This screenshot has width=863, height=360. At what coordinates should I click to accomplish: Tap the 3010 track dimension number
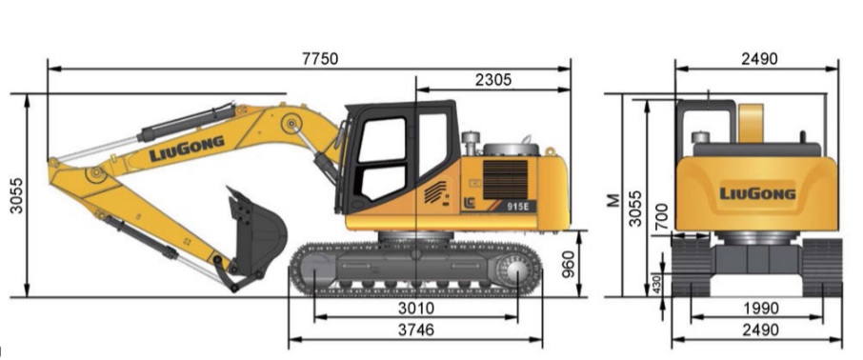pyautogui.click(x=415, y=309)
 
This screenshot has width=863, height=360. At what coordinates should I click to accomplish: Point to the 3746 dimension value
pyautogui.click(x=415, y=330)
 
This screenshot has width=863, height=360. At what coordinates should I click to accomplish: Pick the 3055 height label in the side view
pyautogui.click(x=17, y=195)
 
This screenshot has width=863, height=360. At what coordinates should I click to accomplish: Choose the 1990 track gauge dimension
pyautogui.click(x=758, y=309)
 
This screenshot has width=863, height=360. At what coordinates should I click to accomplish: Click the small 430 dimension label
pyautogui.click(x=657, y=284)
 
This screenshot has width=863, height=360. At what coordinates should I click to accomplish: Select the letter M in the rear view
pyautogui.click(x=614, y=200)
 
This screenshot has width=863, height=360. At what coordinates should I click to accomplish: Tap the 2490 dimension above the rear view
pyautogui.click(x=758, y=58)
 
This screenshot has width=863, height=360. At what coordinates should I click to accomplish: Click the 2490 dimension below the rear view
pyautogui.click(x=758, y=330)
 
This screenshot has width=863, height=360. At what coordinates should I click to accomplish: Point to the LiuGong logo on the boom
pyautogui.click(x=186, y=149)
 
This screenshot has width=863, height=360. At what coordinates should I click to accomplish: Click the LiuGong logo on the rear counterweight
pyautogui.click(x=756, y=193)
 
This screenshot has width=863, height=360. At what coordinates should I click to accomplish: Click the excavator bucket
pyautogui.click(x=254, y=231)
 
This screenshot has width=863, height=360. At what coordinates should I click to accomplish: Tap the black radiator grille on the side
pyautogui.click(x=505, y=178)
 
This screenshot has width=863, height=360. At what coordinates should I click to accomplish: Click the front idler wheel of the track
pyautogui.click(x=315, y=270)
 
